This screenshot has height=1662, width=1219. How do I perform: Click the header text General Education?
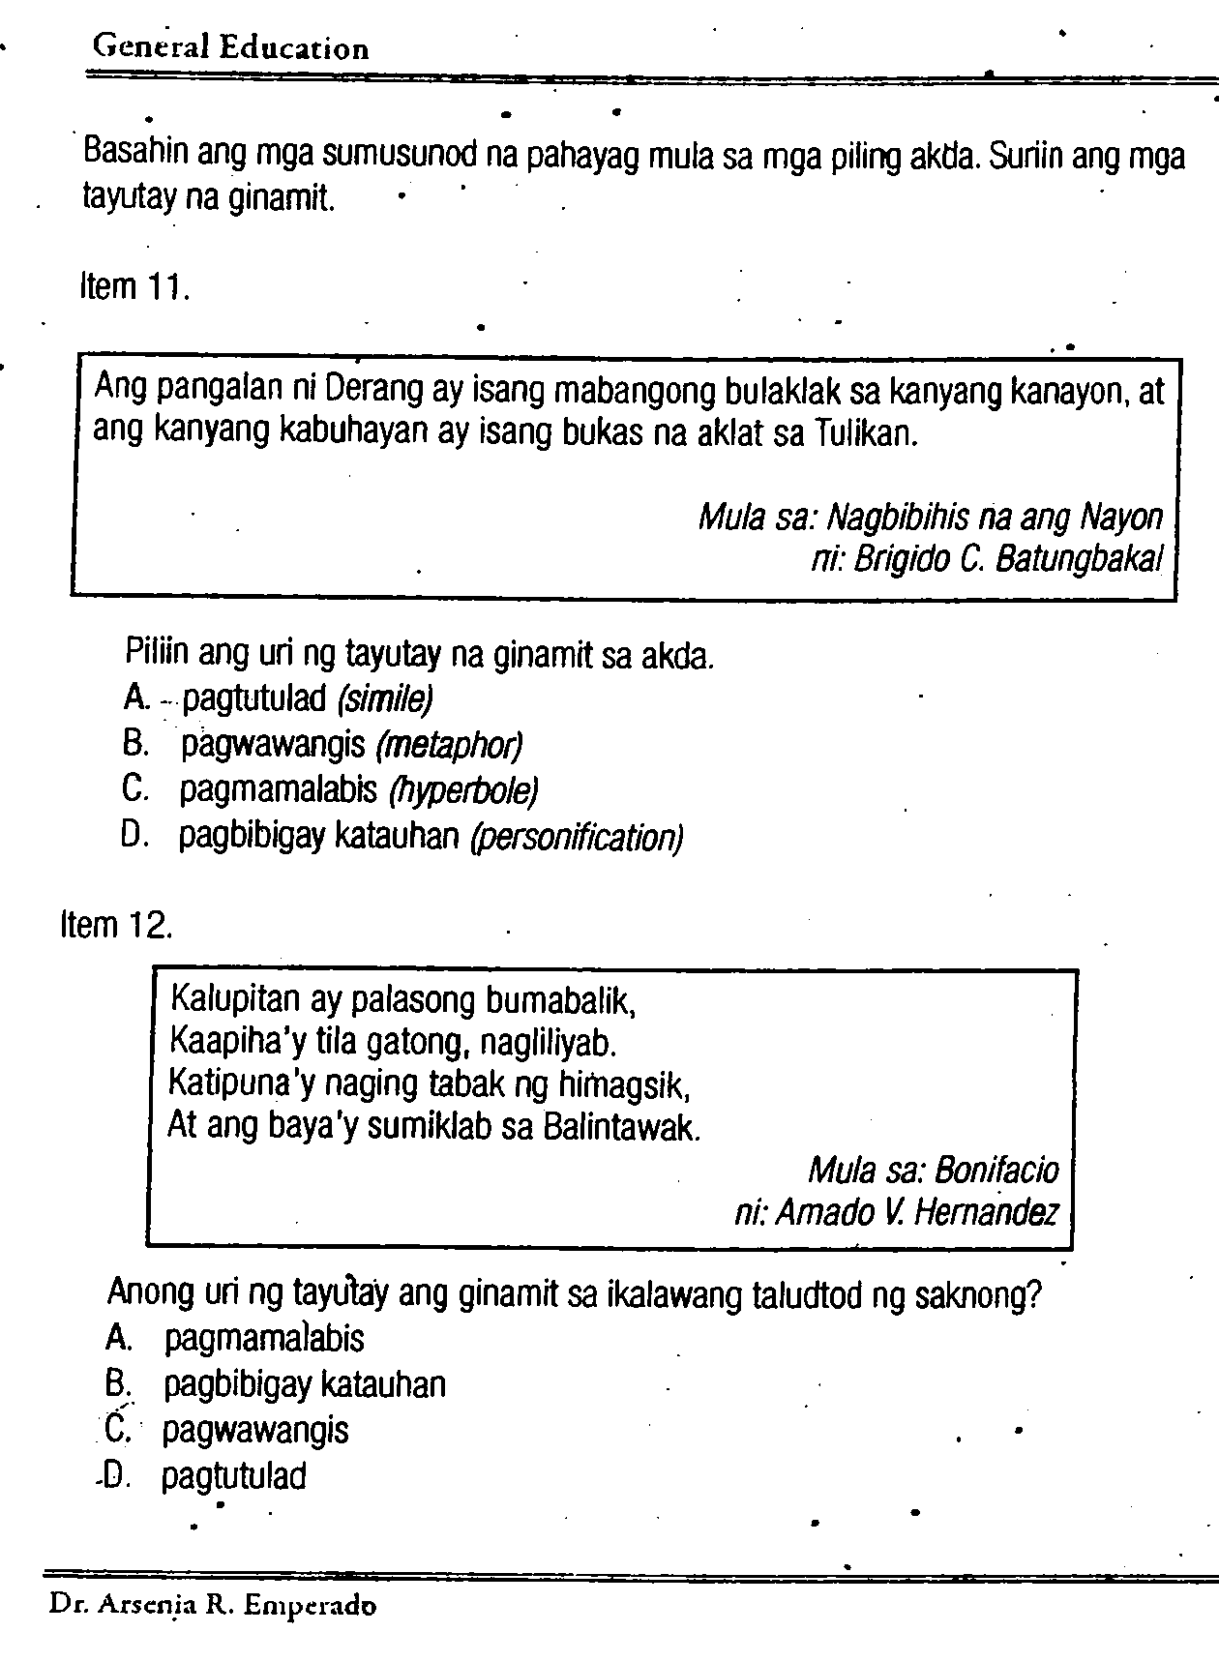[230, 47]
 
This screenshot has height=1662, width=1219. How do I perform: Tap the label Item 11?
[134, 287]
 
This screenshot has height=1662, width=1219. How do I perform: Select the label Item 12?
[117, 926]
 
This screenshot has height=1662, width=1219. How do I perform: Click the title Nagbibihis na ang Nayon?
[995, 519]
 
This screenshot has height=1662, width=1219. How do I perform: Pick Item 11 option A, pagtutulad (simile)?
[306, 698]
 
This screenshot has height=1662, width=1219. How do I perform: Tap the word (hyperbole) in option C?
[462, 791]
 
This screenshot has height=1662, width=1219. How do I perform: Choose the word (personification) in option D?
[577, 838]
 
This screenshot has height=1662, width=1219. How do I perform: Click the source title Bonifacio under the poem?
[996, 1171]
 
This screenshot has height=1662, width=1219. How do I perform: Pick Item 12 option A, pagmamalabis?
[264, 1339]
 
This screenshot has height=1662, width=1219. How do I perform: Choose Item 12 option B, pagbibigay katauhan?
[304, 1384]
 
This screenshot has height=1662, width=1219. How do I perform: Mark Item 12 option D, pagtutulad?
[233, 1476]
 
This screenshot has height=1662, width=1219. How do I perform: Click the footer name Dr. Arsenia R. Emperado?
[214, 1607]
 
